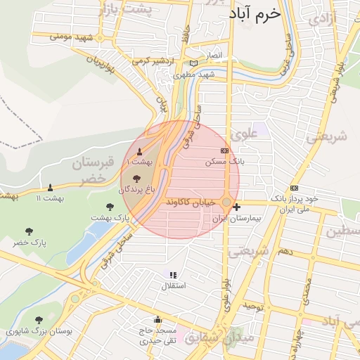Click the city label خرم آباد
point(255,14)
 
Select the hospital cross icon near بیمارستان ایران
point(237,207)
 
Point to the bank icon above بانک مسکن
point(225,150)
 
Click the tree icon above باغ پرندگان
point(136,179)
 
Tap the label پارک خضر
point(30,243)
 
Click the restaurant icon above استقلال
point(174,275)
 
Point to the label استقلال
point(174,285)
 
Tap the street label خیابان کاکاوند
point(192,202)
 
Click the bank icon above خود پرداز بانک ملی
point(294,188)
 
